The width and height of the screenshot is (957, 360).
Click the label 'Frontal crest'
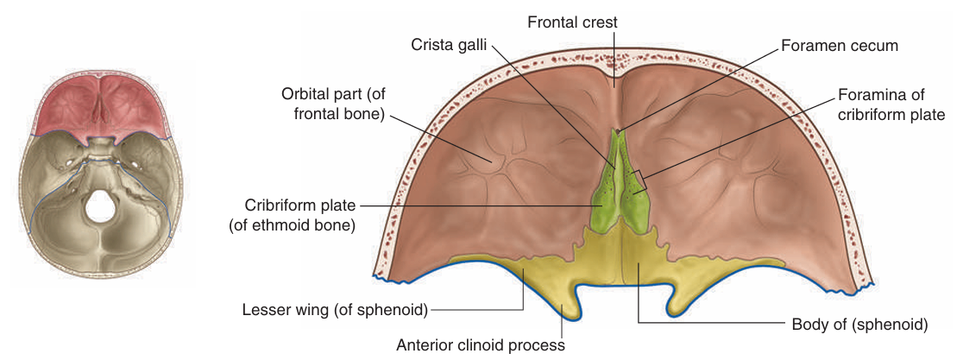point(573,21)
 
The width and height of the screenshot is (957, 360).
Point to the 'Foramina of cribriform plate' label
point(891,104)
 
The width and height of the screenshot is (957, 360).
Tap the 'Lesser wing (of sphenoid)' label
point(335,308)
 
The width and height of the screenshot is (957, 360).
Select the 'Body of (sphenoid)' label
point(859,325)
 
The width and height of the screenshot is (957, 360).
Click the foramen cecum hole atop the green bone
point(618,131)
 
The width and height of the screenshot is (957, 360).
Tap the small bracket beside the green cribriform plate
point(639,179)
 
